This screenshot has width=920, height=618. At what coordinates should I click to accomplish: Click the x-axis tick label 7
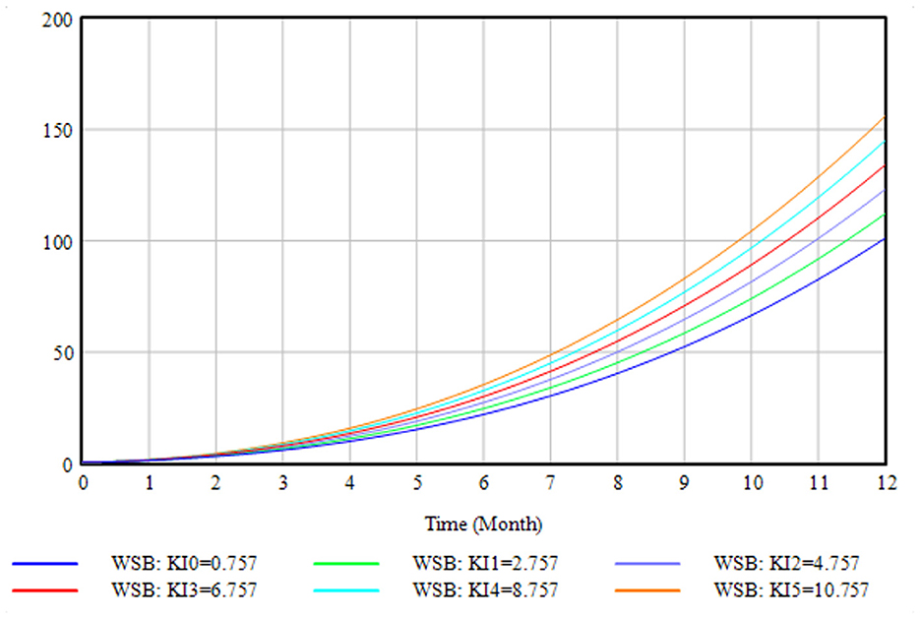point(551,483)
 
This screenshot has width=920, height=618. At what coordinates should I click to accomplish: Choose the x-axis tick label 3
point(283,483)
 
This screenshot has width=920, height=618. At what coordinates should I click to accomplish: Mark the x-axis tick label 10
point(752,483)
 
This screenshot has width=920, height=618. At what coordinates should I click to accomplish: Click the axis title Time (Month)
point(483,523)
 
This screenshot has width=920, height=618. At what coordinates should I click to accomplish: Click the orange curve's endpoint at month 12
point(885,117)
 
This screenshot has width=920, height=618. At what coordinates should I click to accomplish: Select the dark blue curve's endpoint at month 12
point(885,239)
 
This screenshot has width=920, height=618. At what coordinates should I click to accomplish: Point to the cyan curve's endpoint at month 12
point(885,142)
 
